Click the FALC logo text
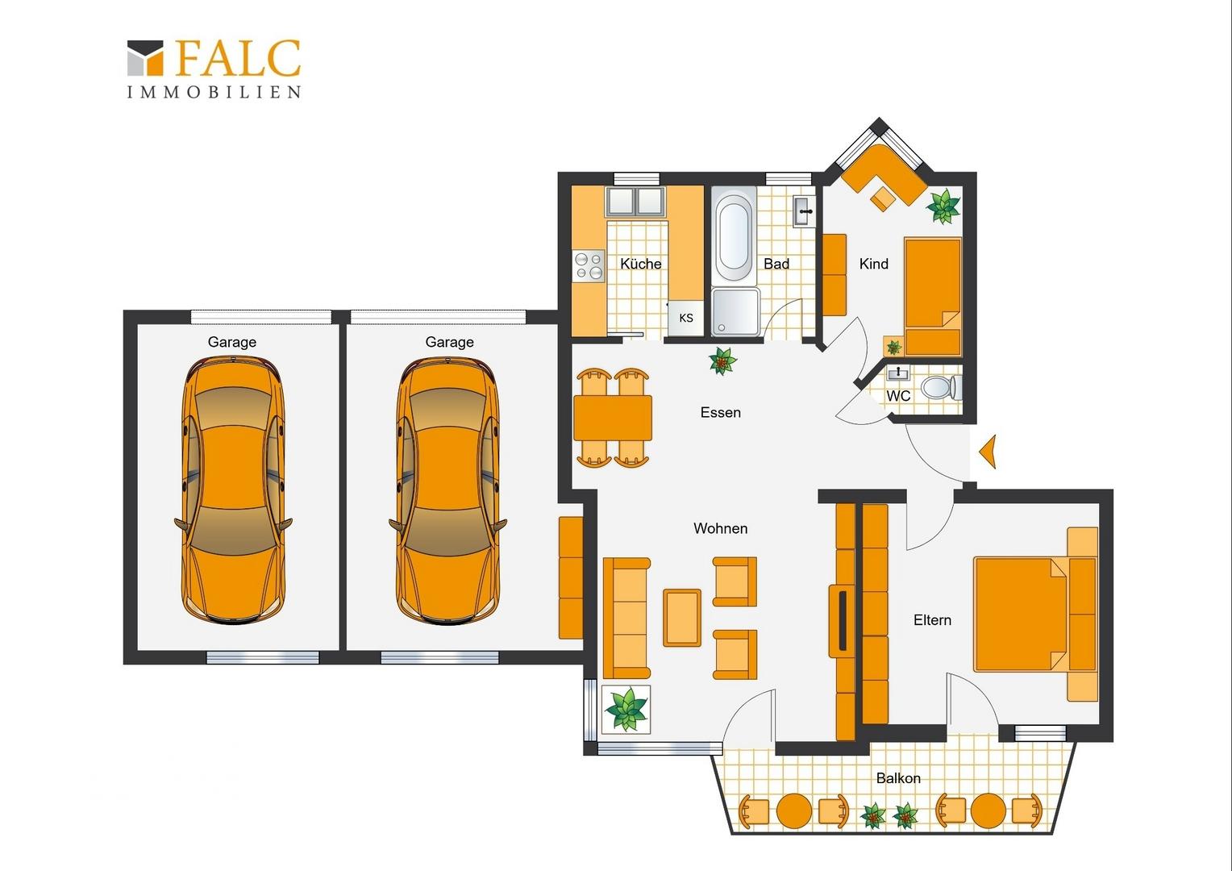tap(238, 58)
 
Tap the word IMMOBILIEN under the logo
tap(214, 92)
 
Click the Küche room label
tap(641, 264)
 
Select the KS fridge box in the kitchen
tap(686, 318)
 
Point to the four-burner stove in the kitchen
tap(589, 266)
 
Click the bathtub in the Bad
tap(735, 237)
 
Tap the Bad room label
tap(776, 264)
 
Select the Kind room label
tap(874, 264)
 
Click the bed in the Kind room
tap(933, 297)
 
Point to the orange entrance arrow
tap(988, 452)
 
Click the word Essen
tap(721, 413)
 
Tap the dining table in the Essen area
tap(613, 419)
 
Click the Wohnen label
tap(721, 529)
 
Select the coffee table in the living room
tap(682, 617)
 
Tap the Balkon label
tap(898, 778)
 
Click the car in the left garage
tap(233, 490)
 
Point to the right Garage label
tap(449, 342)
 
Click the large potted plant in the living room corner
tap(626, 709)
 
